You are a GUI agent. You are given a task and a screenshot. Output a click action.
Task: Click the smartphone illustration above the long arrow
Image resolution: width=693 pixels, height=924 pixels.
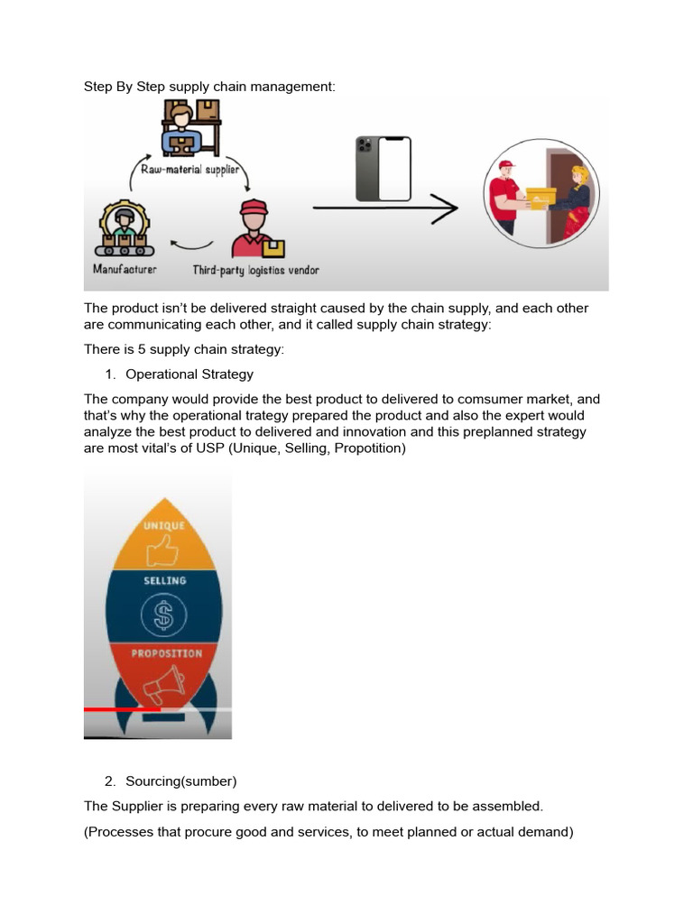(x=383, y=169)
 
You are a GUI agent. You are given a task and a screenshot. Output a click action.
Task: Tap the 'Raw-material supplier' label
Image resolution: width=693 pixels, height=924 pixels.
(x=190, y=169)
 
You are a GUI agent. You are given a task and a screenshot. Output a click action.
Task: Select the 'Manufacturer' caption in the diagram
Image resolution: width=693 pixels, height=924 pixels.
(x=125, y=270)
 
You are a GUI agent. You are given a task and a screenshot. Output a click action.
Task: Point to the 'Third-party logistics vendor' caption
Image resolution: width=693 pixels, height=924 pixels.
(x=255, y=270)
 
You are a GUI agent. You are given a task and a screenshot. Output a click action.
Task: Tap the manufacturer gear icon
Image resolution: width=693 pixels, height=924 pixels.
(x=124, y=228)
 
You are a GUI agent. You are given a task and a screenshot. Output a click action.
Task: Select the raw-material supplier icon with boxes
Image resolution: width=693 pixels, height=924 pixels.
(x=190, y=128)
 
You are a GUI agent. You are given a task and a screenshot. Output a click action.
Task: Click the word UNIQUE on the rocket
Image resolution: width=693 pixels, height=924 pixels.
(x=163, y=526)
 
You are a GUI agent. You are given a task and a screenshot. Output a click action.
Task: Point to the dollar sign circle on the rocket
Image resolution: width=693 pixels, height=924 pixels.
(x=163, y=617)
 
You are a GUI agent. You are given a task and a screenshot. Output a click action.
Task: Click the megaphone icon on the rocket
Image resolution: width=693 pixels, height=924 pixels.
(x=163, y=685)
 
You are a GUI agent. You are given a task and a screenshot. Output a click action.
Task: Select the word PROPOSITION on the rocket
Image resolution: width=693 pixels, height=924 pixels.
(x=166, y=653)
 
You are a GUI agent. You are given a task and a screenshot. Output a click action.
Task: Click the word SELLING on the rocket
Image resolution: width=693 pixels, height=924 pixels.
(x=164, y=581)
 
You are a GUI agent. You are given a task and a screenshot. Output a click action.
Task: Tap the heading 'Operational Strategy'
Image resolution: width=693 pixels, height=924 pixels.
(x=189, y=374)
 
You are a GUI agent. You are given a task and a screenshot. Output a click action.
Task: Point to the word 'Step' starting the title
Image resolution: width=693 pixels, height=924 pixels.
(x=98, y=87)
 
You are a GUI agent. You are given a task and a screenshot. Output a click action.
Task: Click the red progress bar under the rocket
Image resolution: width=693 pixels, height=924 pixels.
(x=122, y=710)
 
